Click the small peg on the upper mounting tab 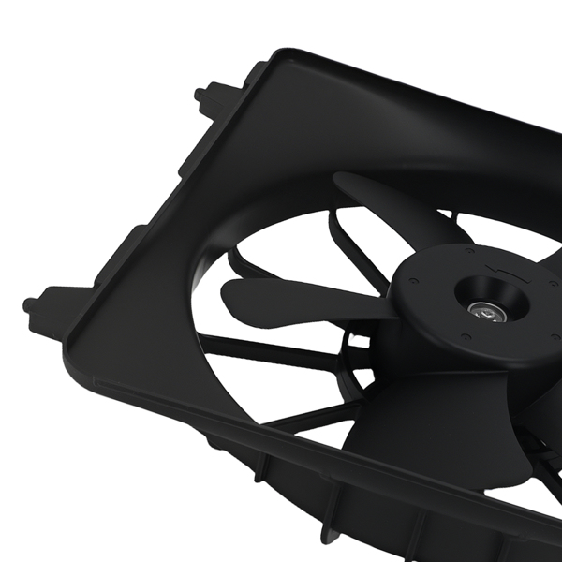pos(200,94)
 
